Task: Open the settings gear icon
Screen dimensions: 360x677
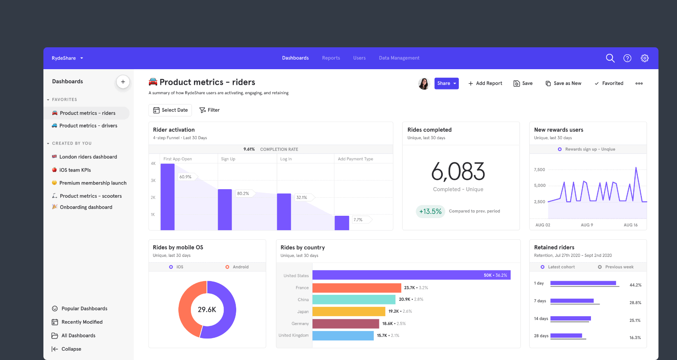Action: tap(645, 58)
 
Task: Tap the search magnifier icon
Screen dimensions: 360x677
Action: tap(610, 58)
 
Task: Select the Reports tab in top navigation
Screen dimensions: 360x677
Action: tap(331, 58)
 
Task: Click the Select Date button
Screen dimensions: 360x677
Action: tap(170, 110)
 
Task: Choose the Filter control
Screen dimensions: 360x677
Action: tap(210, 110)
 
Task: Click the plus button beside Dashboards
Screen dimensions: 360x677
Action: tap(123, 82)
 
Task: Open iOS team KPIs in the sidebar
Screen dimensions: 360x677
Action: tap(75, 170)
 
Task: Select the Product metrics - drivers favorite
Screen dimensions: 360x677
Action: tap(88, 126)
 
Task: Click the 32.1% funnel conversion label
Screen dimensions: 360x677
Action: tap(302, 197)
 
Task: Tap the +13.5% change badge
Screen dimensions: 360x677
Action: tap(430, 211)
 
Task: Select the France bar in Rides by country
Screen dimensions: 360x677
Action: tap(357, 288)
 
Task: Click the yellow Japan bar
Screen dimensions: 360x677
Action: tap(348, 312)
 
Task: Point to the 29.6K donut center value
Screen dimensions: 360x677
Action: tap(207, 310)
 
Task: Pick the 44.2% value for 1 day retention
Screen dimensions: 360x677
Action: tap(635, 285)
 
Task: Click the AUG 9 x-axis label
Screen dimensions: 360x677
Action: tap(587, 225)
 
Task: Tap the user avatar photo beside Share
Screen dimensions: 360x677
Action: tap(424, 83)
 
